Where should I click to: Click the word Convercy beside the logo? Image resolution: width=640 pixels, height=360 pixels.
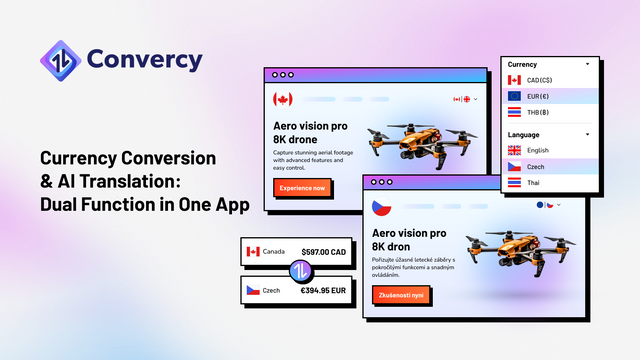(144, 59)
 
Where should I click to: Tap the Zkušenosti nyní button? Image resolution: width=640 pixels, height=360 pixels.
(398, 296)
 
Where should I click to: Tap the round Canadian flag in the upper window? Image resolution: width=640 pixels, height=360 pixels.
(283, 99)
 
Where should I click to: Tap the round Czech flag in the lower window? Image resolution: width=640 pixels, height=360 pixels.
(381, 207)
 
